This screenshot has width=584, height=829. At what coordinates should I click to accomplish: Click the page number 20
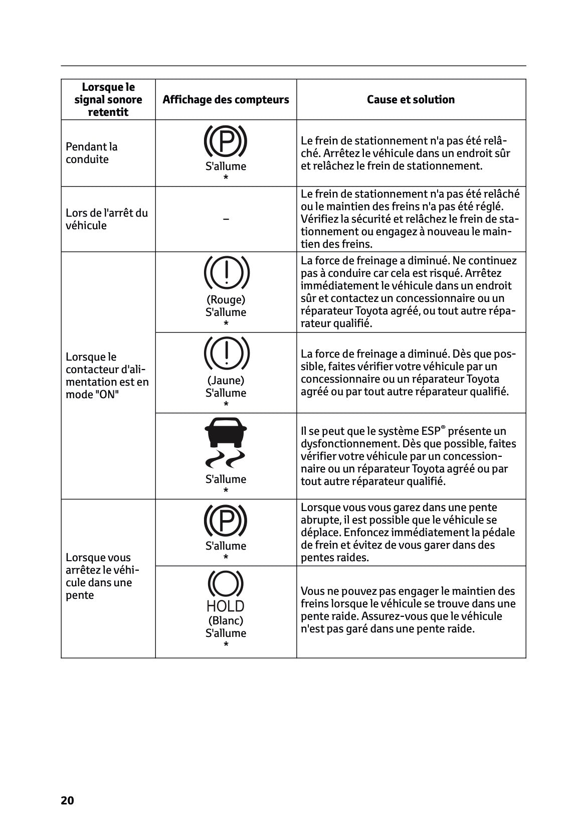point(67,800)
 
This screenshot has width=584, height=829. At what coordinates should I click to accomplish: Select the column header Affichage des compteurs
point(226,100)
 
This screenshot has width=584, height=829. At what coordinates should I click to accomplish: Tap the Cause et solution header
point(411,100)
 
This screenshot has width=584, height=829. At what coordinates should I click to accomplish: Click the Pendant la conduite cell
point(92,153)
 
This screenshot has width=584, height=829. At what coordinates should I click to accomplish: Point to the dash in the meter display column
point(226,219)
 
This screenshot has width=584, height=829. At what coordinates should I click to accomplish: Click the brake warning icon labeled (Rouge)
point(226,272)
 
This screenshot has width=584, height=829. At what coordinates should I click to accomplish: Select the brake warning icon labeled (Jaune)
point(226,353)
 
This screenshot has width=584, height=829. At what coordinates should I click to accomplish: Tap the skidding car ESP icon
point(226,441)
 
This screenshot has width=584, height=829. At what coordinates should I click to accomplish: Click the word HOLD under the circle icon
point(226,606)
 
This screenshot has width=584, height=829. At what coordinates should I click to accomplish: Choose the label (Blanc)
point(226,620)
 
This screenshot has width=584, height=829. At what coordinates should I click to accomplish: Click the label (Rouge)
point(226,299)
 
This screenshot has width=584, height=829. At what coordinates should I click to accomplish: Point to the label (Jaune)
point(226,380)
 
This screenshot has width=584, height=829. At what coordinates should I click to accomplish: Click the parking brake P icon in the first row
point(226,141)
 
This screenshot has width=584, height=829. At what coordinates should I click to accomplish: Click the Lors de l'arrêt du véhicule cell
point(107,219)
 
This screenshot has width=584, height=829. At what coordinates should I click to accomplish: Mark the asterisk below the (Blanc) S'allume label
point(226,645)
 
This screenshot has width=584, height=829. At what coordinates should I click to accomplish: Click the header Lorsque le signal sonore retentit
point(108,100)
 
